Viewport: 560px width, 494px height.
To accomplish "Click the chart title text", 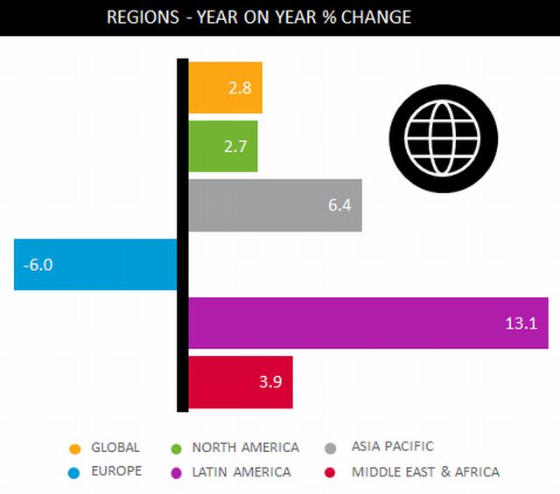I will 258,17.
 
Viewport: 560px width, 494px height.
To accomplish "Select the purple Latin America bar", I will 350,323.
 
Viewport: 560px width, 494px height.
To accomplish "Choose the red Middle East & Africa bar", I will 227,382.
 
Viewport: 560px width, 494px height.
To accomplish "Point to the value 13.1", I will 521,324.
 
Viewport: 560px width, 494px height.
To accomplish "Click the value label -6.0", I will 38,264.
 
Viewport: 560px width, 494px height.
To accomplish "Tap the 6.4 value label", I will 339,205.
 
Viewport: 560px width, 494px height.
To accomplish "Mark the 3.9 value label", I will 269,382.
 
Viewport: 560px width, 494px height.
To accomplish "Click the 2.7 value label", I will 234,146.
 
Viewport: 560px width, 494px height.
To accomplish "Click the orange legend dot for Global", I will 75,449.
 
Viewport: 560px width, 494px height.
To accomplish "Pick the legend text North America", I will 246,448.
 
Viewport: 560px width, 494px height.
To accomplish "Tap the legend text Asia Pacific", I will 392,447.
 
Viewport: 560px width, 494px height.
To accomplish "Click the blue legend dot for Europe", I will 75,472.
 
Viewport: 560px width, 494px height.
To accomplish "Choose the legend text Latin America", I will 241,472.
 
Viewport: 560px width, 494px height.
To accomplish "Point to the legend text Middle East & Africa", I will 425,472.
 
